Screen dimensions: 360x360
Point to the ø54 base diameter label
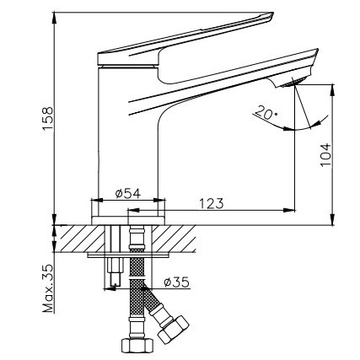coord(127,194)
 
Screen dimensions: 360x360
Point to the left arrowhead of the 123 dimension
coord(134,211)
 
